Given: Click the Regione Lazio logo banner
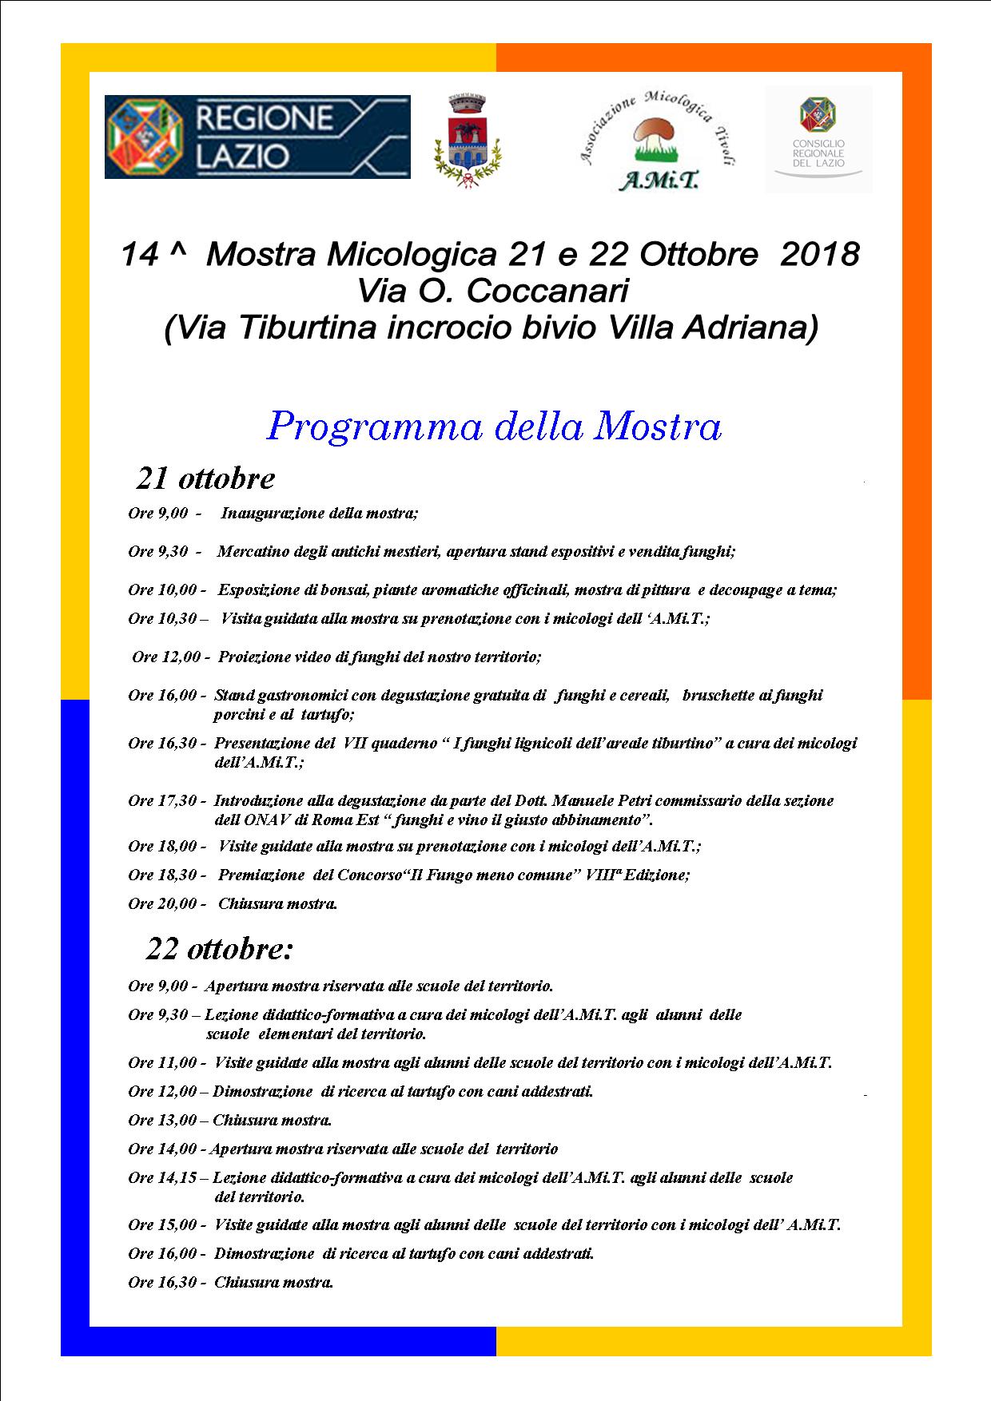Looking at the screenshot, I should pos(257,137).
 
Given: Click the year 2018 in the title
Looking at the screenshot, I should pos(819,255).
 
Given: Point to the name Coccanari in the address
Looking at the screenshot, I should pos(546,292).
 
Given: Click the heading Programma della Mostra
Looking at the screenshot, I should pos(495,427).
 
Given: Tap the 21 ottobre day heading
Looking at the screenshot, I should pos(205,478).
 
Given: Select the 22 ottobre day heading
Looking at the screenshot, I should pos(220,949).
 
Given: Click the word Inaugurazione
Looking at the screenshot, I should pos(272,514).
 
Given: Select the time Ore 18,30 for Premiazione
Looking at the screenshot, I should pos(162,875).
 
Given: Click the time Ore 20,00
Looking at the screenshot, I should pos(162,904).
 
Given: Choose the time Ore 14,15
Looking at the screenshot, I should pos(162,1178).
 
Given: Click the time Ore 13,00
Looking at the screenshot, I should pos(162,1121).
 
